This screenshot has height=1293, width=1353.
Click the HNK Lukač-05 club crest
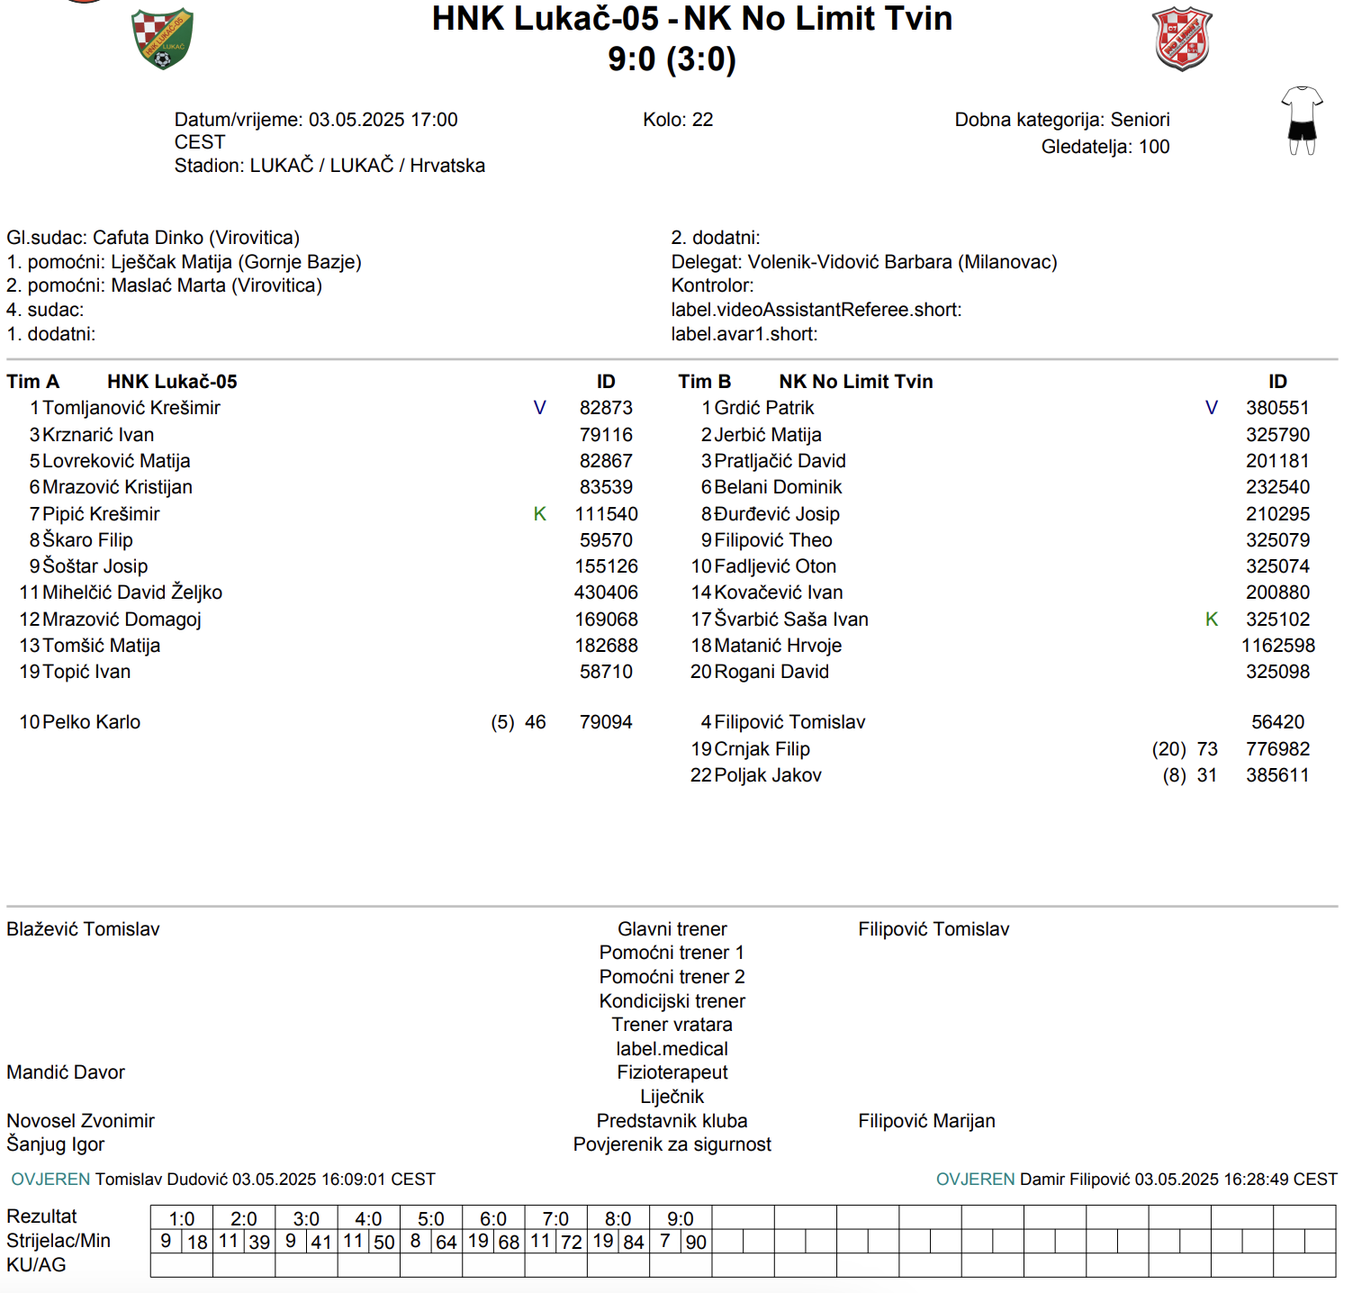162,39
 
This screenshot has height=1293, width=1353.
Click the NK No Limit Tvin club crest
1182,39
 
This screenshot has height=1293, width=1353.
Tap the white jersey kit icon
1302,121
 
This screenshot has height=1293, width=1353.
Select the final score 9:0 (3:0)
672,59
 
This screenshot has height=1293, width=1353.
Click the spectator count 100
1154,147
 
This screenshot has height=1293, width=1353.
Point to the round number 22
702,120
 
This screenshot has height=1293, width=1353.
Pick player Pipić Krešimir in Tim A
101,514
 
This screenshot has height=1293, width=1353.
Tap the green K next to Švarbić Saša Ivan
1212,619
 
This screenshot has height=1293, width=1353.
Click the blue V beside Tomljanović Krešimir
540,408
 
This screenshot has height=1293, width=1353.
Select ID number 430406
606,592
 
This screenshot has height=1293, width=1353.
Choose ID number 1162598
1277,646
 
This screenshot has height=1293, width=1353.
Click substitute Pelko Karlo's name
91,722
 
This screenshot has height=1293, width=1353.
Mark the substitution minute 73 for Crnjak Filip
1207,749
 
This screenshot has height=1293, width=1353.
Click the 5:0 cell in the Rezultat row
430,1218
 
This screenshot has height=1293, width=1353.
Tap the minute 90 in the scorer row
696,1243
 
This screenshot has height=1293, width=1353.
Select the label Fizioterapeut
672,1072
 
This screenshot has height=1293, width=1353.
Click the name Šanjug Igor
56,1144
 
